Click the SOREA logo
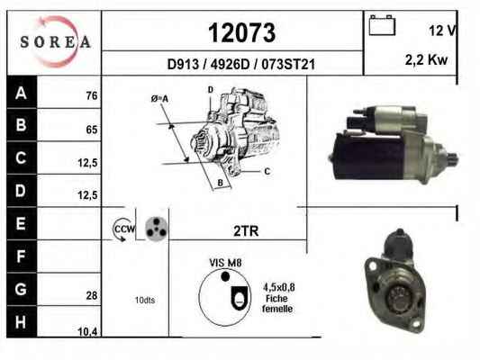[x=55, y=42]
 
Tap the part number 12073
[x=242, y=33]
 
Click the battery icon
[x=382, y=25]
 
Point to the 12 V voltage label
[x=442, y=31]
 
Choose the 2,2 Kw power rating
[x=426, y=59]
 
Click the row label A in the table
[x=21, y=93]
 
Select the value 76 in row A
[x=92, y=95]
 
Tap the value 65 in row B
[x=92, y=130]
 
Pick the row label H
[x=21, y=322]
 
